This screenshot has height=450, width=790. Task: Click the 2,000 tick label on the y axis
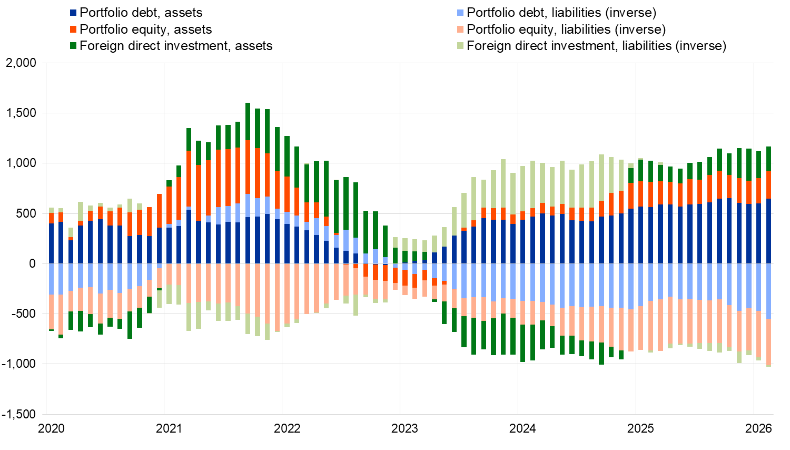[21, 63]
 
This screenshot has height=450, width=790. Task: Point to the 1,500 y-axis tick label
[21, 113]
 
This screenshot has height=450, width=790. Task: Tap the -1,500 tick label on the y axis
[19, 414]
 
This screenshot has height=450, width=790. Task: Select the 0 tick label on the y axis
[32, 263]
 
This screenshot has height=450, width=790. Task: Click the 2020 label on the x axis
[52, 428]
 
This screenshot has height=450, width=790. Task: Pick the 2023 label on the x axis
[404, 428]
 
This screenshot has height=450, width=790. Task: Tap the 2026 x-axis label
[759, 428]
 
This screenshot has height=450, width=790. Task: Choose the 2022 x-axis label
[287, 428]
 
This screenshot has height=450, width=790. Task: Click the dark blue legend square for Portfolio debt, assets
[73, 13]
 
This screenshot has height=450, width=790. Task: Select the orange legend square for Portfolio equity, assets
[73, 30]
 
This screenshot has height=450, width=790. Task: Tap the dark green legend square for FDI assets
[73, 46]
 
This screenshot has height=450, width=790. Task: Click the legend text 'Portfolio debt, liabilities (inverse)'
[561, 13]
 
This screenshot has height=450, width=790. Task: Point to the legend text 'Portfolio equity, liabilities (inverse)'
[566, 30]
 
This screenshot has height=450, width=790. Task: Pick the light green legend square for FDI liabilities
[460, 46]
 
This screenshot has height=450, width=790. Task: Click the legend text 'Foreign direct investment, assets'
[176, 46]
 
